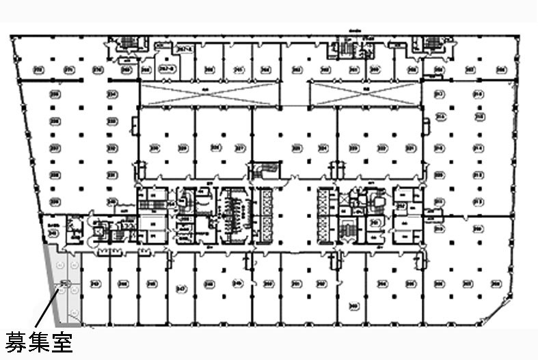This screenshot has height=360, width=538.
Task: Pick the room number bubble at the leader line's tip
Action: [64, 283]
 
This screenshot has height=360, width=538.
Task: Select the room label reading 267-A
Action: [183, 49]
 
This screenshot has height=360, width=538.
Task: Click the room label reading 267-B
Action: [165, 68]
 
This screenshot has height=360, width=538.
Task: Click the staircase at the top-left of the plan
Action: [128, 43]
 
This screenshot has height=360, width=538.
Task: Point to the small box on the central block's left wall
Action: [141, 167]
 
